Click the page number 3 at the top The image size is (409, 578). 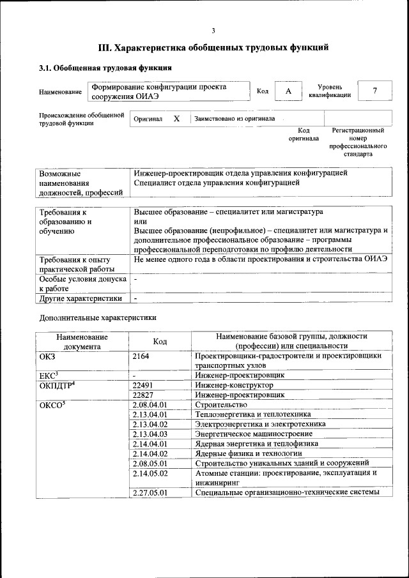(x=213, y=31)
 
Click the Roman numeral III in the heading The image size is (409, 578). (x=105, y=48)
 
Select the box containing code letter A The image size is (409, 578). (x=288, y=91)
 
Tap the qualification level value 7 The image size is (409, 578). (x=375, y=91)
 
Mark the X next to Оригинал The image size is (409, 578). (x=177, y=119)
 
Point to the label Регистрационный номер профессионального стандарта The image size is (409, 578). (x=358, y=142)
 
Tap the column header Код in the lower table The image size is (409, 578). (x=160, y=342)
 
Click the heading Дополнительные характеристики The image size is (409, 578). (x=98, y=317)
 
